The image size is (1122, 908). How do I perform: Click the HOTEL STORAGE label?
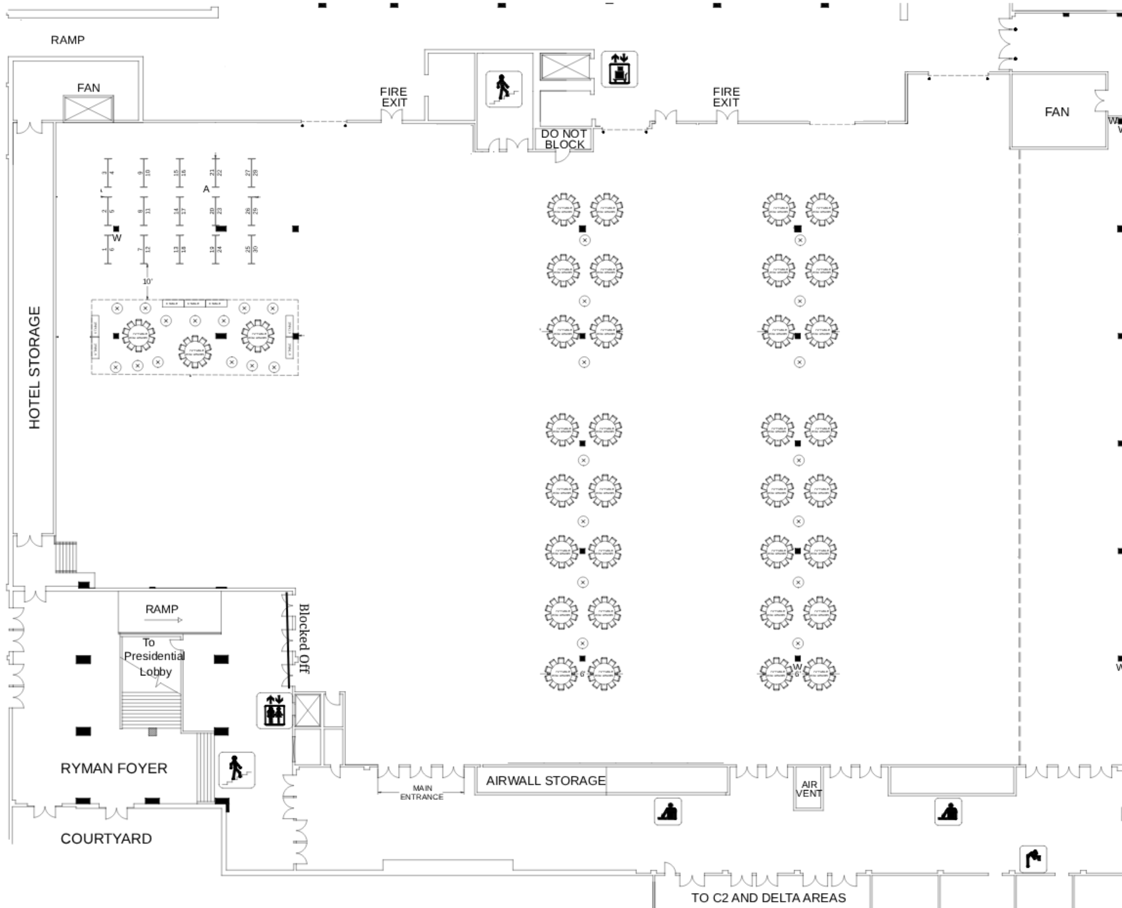[x=34, y=367]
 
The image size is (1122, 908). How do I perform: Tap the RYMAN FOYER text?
[x=114, y=769]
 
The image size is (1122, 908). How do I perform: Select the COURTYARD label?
[x=106, y=838]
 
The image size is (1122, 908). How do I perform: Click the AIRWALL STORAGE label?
[x=546, y=780]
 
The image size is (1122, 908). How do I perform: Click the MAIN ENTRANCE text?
[x=421, y=792]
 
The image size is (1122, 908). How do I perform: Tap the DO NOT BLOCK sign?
[x=564, y=139]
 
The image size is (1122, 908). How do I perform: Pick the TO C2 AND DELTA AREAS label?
[x=769, y=898]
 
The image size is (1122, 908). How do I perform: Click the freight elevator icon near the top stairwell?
[x=619, y=69]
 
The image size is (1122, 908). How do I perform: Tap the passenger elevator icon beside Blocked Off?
[x=274, y=710]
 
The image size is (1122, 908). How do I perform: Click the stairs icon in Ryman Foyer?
[x=236, y=770]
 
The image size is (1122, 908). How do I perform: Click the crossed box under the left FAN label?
[x=88, y=109]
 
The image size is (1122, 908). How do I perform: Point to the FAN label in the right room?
[x=1057, y=112]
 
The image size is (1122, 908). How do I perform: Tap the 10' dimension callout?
[x=147, y=281]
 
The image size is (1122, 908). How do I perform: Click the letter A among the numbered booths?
[x=206, y=189]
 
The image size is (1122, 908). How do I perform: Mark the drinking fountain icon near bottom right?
[x=1033, y=859]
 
